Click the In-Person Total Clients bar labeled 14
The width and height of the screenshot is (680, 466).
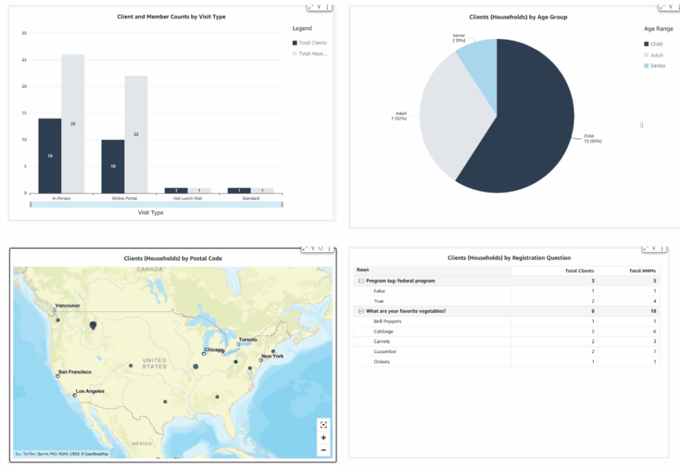coord(50,155)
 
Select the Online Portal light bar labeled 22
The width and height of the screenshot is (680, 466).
coord(136,134)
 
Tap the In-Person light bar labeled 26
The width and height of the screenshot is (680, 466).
coord(73,123)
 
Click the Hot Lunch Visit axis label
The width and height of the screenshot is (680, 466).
coord(188,198)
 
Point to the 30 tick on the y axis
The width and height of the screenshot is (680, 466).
coord(24,33)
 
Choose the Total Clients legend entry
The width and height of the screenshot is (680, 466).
coord(312,42)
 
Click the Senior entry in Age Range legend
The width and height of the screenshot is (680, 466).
coord(657,66)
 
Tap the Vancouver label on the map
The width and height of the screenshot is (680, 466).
coord(68,305)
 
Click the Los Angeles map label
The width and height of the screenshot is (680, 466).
coord(90,391)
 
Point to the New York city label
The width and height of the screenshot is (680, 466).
coord(272,356)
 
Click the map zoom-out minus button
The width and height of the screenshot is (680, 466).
coord(323,450)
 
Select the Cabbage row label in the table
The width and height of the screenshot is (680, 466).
coord(383,331)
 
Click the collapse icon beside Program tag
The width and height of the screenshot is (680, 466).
coord(361,281)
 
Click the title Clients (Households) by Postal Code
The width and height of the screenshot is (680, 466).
coord(173,258)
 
